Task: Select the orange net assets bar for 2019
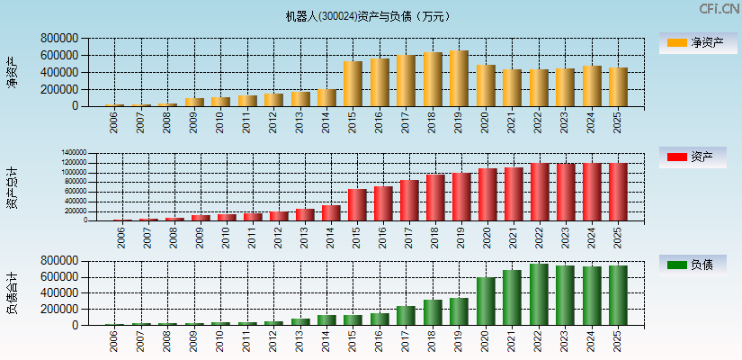(x=459, y=78)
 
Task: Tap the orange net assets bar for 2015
(x=353, y=84)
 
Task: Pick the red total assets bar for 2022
(x=539, y=192)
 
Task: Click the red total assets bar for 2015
(x=357, y=204)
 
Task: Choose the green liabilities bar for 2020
(x=486, y=301)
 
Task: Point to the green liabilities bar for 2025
(x=618, y=295)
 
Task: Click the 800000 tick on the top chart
(x=58, y=39)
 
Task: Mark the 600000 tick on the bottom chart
(x=58, y=276)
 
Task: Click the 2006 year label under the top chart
(x=114, y=122)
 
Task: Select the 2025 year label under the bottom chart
(x=617, y=342)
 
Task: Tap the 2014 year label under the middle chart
(x=331, y=236)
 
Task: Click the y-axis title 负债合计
(x=13, y=292)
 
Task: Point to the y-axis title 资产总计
(x=13, y=187)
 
